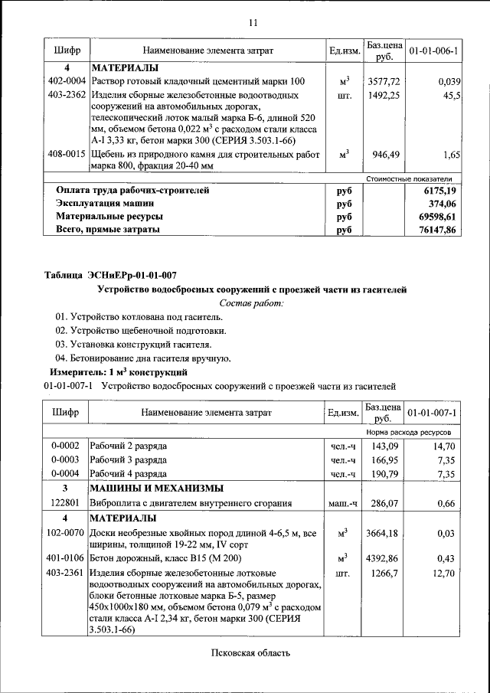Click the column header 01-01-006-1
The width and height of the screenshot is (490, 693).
[433, 51]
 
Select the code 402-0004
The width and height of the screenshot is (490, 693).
[67, 81]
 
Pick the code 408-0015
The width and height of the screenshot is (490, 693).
[67, 155]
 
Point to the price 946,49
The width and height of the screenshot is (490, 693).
[386, 155]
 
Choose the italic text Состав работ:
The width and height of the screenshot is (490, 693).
[251, 303]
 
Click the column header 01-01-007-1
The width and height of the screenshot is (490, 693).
[433, 413]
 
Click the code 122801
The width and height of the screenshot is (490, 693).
[65, 504]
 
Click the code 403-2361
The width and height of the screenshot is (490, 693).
[67, 573]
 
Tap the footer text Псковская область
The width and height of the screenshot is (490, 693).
[251, 653]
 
